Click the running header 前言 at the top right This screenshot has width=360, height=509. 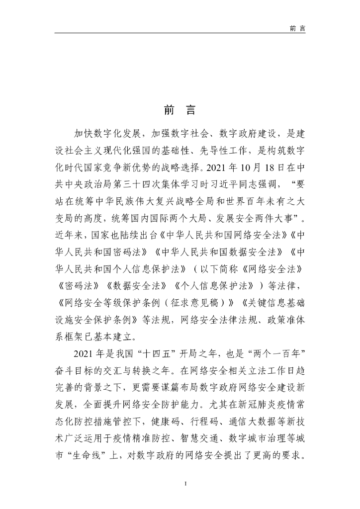tap(297, 28)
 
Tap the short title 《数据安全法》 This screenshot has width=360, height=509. tap(134, 287)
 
